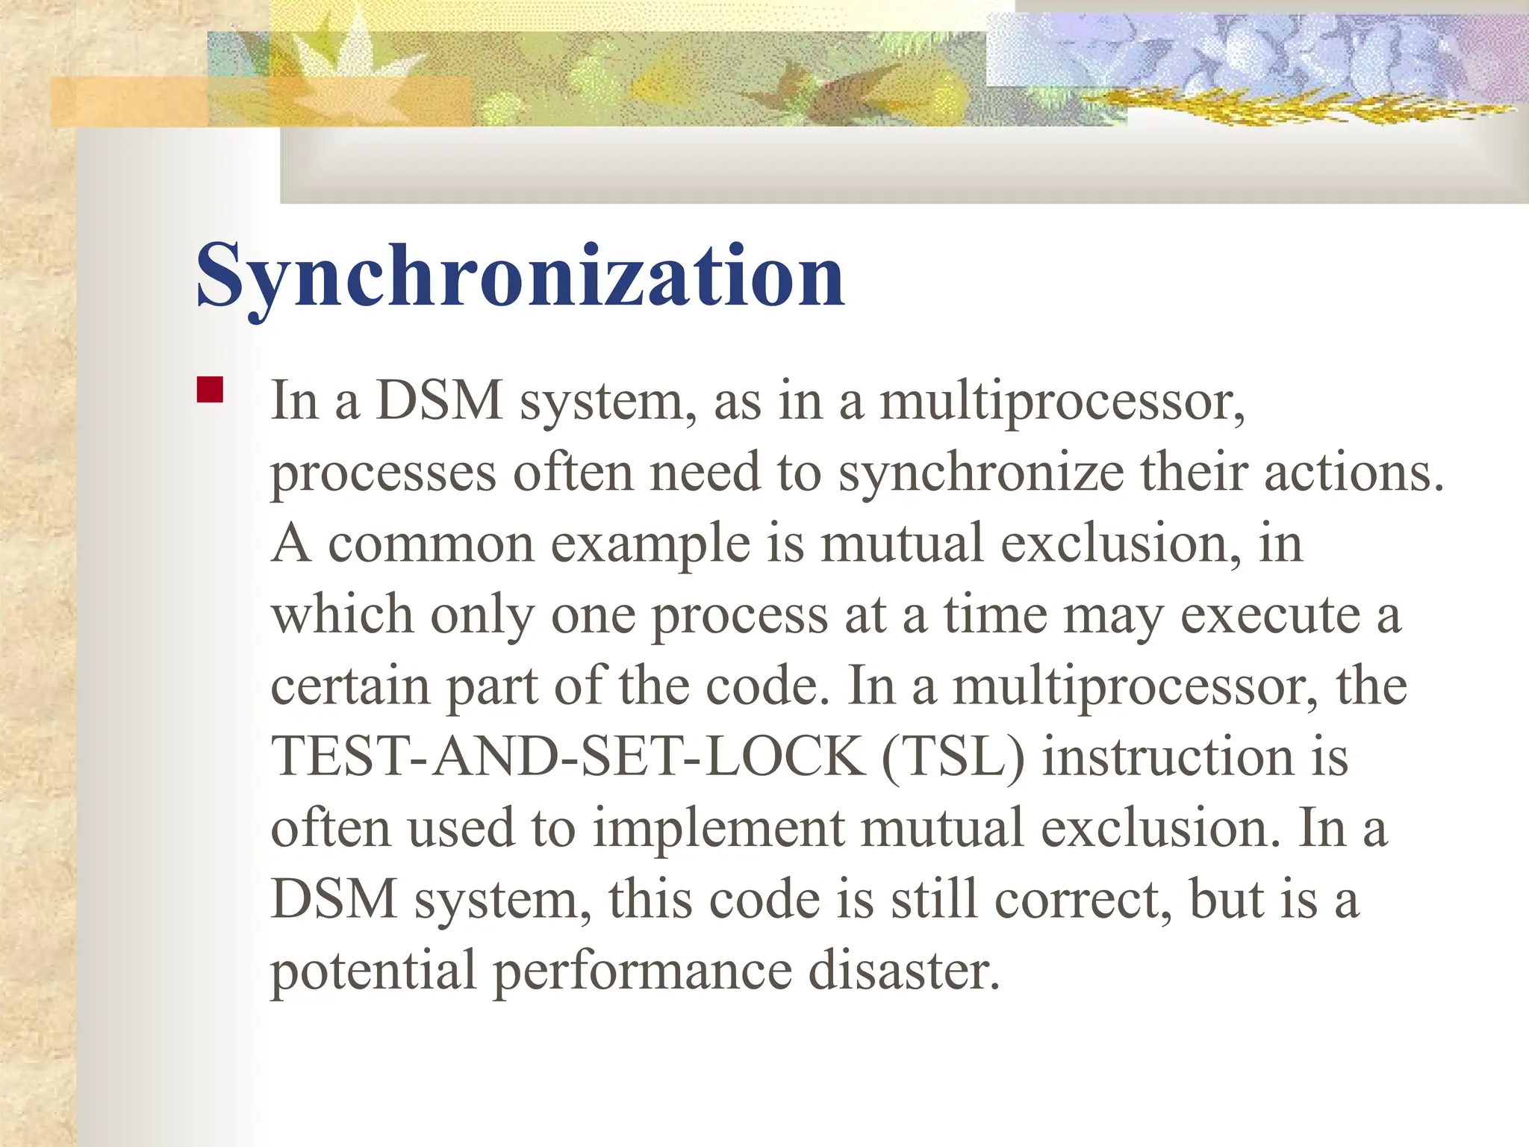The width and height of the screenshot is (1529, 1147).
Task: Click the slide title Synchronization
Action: (x=520, y=277)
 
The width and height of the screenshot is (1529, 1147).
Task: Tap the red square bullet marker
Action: (x=211, y=390)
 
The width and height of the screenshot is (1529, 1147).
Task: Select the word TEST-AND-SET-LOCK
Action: (x=567, y=756)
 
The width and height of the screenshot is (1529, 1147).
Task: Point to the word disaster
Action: (x=904, y=970)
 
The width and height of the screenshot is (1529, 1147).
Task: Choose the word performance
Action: (x=643, y=972)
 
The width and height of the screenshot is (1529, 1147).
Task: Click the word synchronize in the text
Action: (x=981, y=473)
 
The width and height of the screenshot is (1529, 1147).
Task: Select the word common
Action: (x=431, y=544)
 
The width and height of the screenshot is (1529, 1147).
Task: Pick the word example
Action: (x=650, y=545)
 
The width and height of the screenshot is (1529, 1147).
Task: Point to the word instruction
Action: (x=1168, y=756)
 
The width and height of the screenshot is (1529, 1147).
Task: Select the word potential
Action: (x=373, y=970)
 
